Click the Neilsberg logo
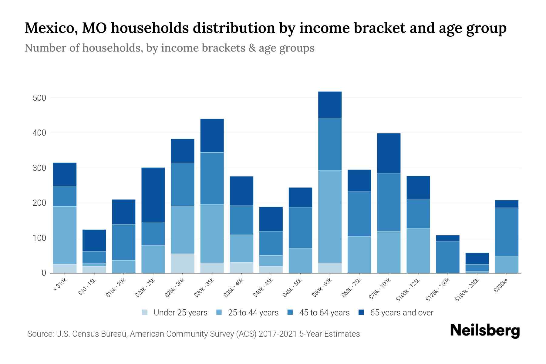(485, 331)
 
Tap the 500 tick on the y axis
(40, 98)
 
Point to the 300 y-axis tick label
(40, 168)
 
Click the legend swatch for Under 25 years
(145, 312)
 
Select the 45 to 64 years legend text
(324, 313)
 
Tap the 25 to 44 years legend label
(253, 313)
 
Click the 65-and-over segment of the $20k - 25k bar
(153, 195)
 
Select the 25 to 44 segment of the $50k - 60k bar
(330, 217)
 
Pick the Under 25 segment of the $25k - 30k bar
(183, 263)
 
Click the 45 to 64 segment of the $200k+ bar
(507, 232)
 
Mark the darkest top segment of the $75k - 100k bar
(389, 153)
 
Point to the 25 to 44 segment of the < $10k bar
(65, 235)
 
